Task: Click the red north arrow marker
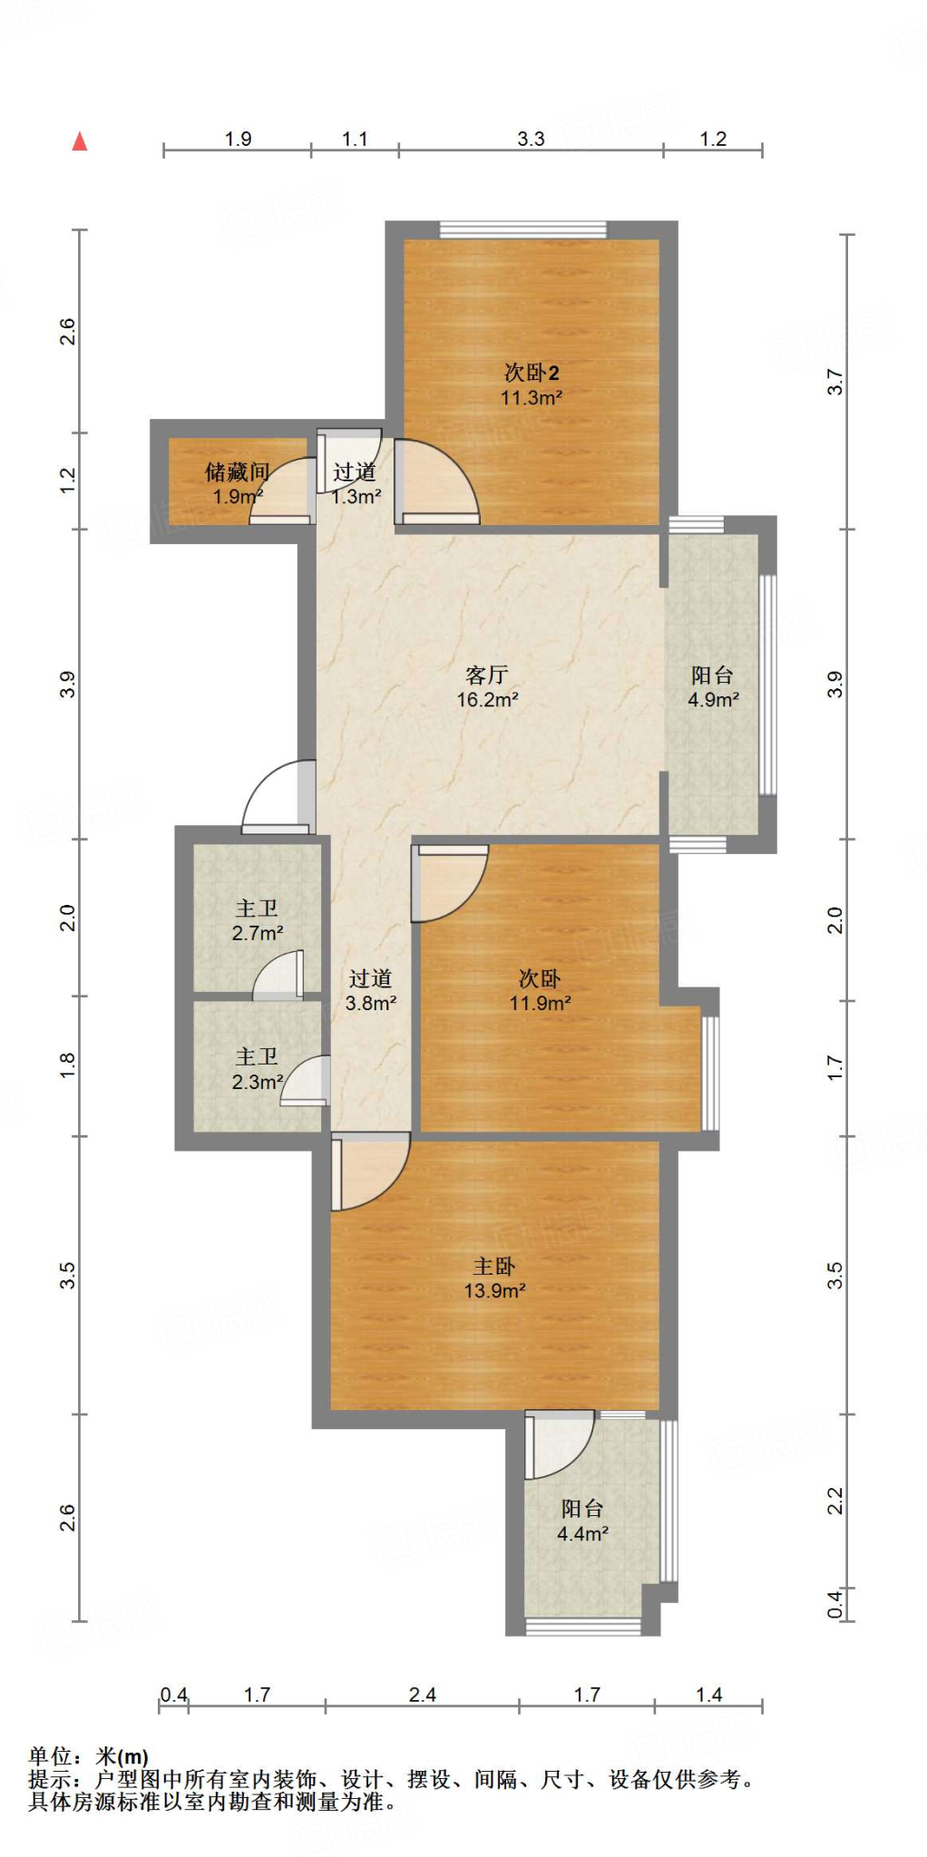(80, 141)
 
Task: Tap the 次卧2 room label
(532, 373)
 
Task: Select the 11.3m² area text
(532, 398)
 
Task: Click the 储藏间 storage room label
(238, 472)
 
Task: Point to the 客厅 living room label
(487, 676)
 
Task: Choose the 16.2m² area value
(487, 700)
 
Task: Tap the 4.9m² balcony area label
(713, 700)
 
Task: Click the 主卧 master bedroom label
(494, 1266)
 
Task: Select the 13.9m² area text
(495, 1291)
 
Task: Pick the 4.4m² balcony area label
(582, 1534)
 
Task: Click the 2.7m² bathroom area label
(258, 933)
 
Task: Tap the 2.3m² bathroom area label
(258, 1082)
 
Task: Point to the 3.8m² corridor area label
(371, 1004)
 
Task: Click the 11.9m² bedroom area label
(541, 1004)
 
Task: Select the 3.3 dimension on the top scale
(532, 139)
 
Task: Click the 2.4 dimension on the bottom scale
(423, 1695)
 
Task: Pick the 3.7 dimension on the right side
(834, 382)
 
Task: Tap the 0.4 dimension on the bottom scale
(174, 1695)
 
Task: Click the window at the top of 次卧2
(523, 229)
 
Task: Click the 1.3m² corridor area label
(356, 497)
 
